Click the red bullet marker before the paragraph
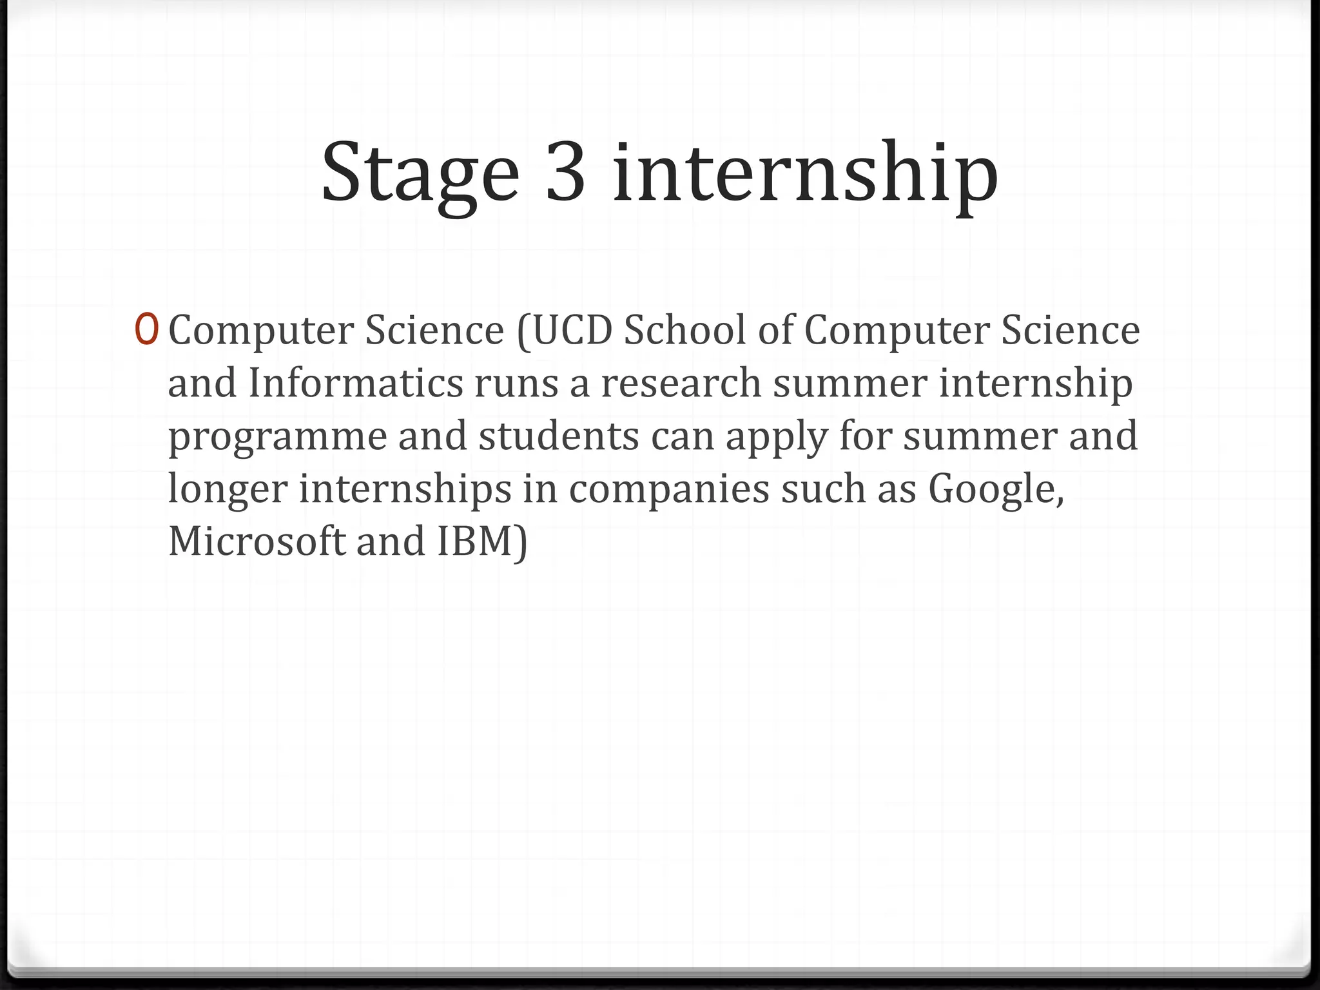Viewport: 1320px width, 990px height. [x=145, y=329]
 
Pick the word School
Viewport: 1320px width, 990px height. [x=684, y=330]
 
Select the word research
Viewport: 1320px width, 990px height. [x=681, y=383]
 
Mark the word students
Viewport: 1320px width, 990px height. [x=559, y=436]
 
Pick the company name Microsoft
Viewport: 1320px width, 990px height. [x=257, y=541]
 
